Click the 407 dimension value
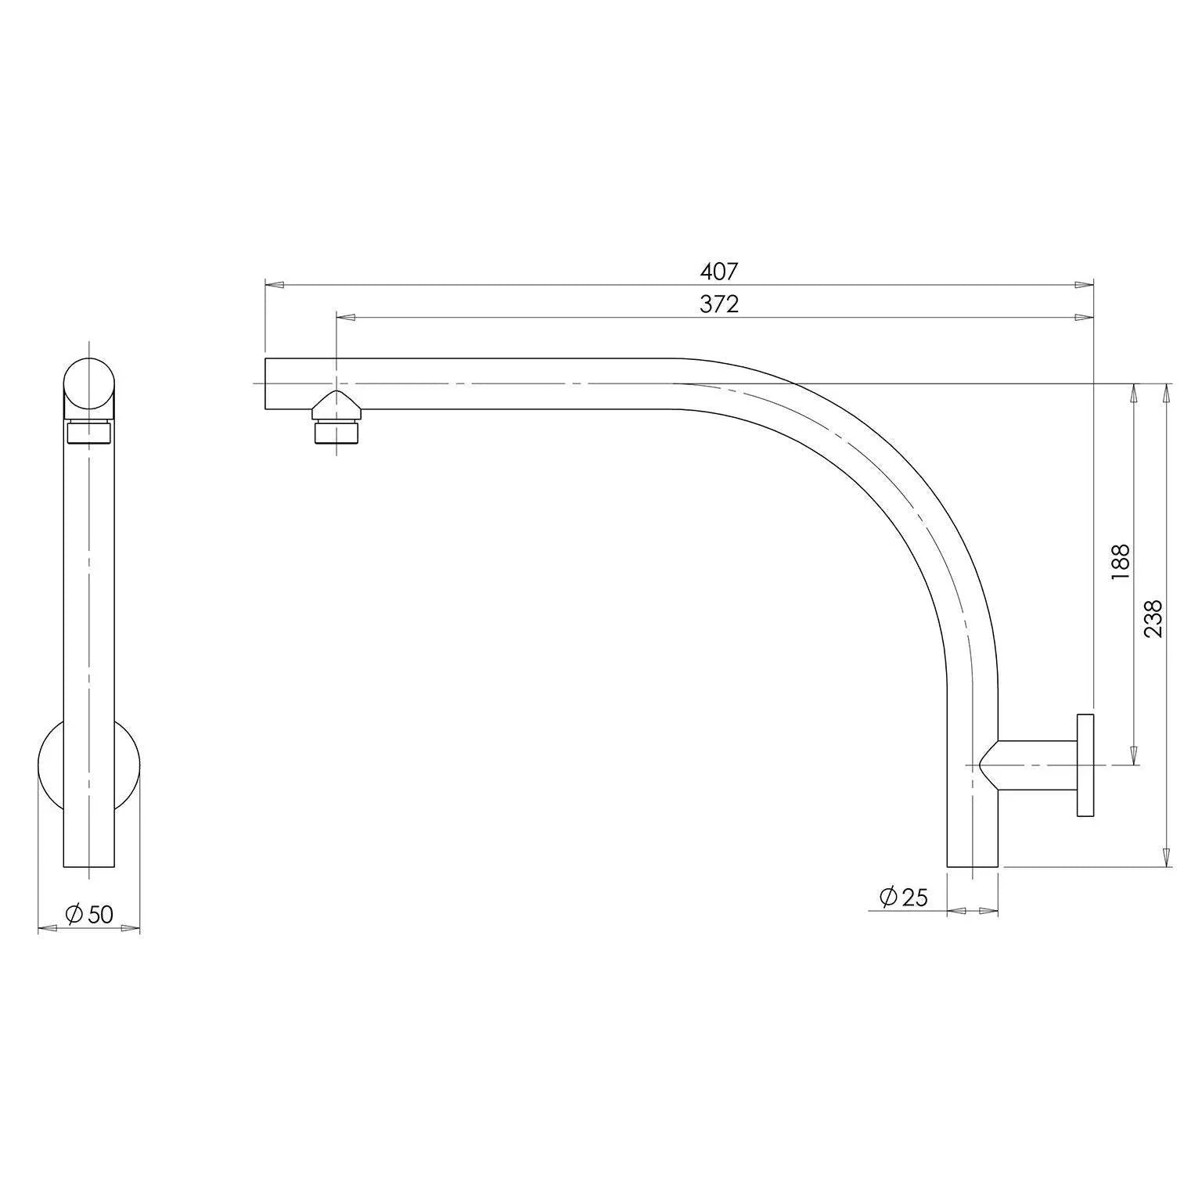(718, 272)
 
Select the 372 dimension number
(718, 304)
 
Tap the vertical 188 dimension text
(1120, 561)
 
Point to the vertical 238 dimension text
(1153, 618)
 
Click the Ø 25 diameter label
(903, 897)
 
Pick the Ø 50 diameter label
(89, 913)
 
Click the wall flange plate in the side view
(1085, 765)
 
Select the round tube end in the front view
(89, 384)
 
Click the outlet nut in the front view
(89, 432)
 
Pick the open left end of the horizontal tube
(267, 383)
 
